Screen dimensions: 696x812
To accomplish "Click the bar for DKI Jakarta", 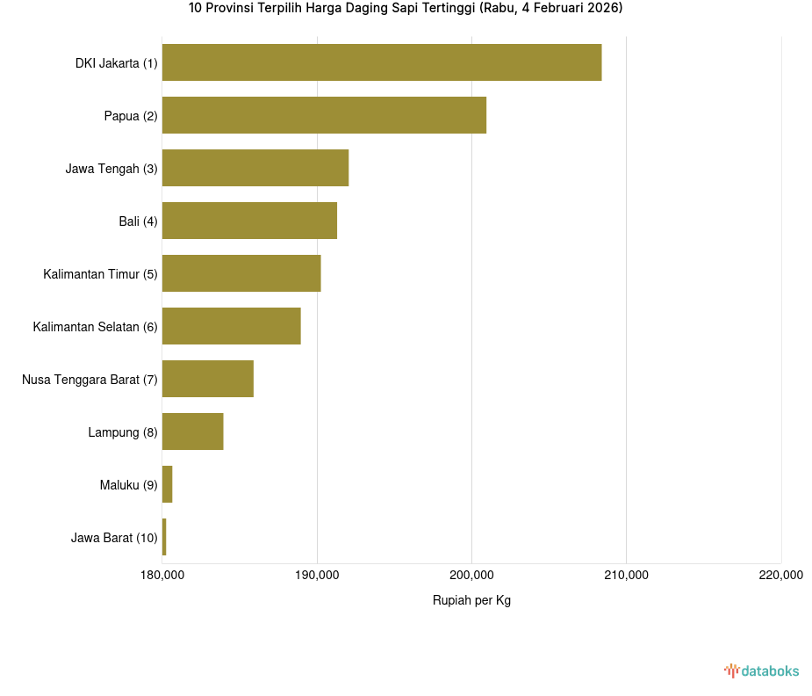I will pyautogui.click(x=382, y=62).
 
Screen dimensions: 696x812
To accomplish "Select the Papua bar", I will pyautogui.click(x=324, y=115).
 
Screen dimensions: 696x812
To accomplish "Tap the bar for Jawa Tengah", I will pyautogui.click(x=255, y=168).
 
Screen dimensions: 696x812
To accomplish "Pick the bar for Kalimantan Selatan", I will pyautogui.click(x=232, y=326).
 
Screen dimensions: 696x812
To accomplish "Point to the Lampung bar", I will pyautogui.click(x=193, y=431).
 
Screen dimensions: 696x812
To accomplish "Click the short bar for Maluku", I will pyautogui.click(x=168, y=484).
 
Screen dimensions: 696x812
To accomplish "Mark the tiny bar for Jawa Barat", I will pyautogui.click(x=164, y=537).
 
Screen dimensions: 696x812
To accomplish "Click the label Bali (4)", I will pyautogui.click(x=138, y=221).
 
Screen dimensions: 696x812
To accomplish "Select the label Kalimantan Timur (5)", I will pyautogui.click(x=100, y=274).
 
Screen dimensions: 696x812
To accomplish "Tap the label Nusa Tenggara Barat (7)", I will pyautogui.click(x=90, y=380).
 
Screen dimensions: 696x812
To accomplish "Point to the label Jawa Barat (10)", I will pyautogui.click(x=114, y=538).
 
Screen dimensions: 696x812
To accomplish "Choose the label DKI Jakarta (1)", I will pyautogui.click(x=116, y=63).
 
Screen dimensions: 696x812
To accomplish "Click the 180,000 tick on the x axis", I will pyautogui.click(x=162, y=576).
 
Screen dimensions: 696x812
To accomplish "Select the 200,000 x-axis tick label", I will pyautogui.click(x=471, y=576).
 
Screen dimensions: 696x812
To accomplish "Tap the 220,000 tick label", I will pyautogui.click(x=780, y=576).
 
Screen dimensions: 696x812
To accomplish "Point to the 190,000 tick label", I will pyautogui.click(x=317, y=576).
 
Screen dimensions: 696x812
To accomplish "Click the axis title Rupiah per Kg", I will pyautogui.click(x=471, y=600).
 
